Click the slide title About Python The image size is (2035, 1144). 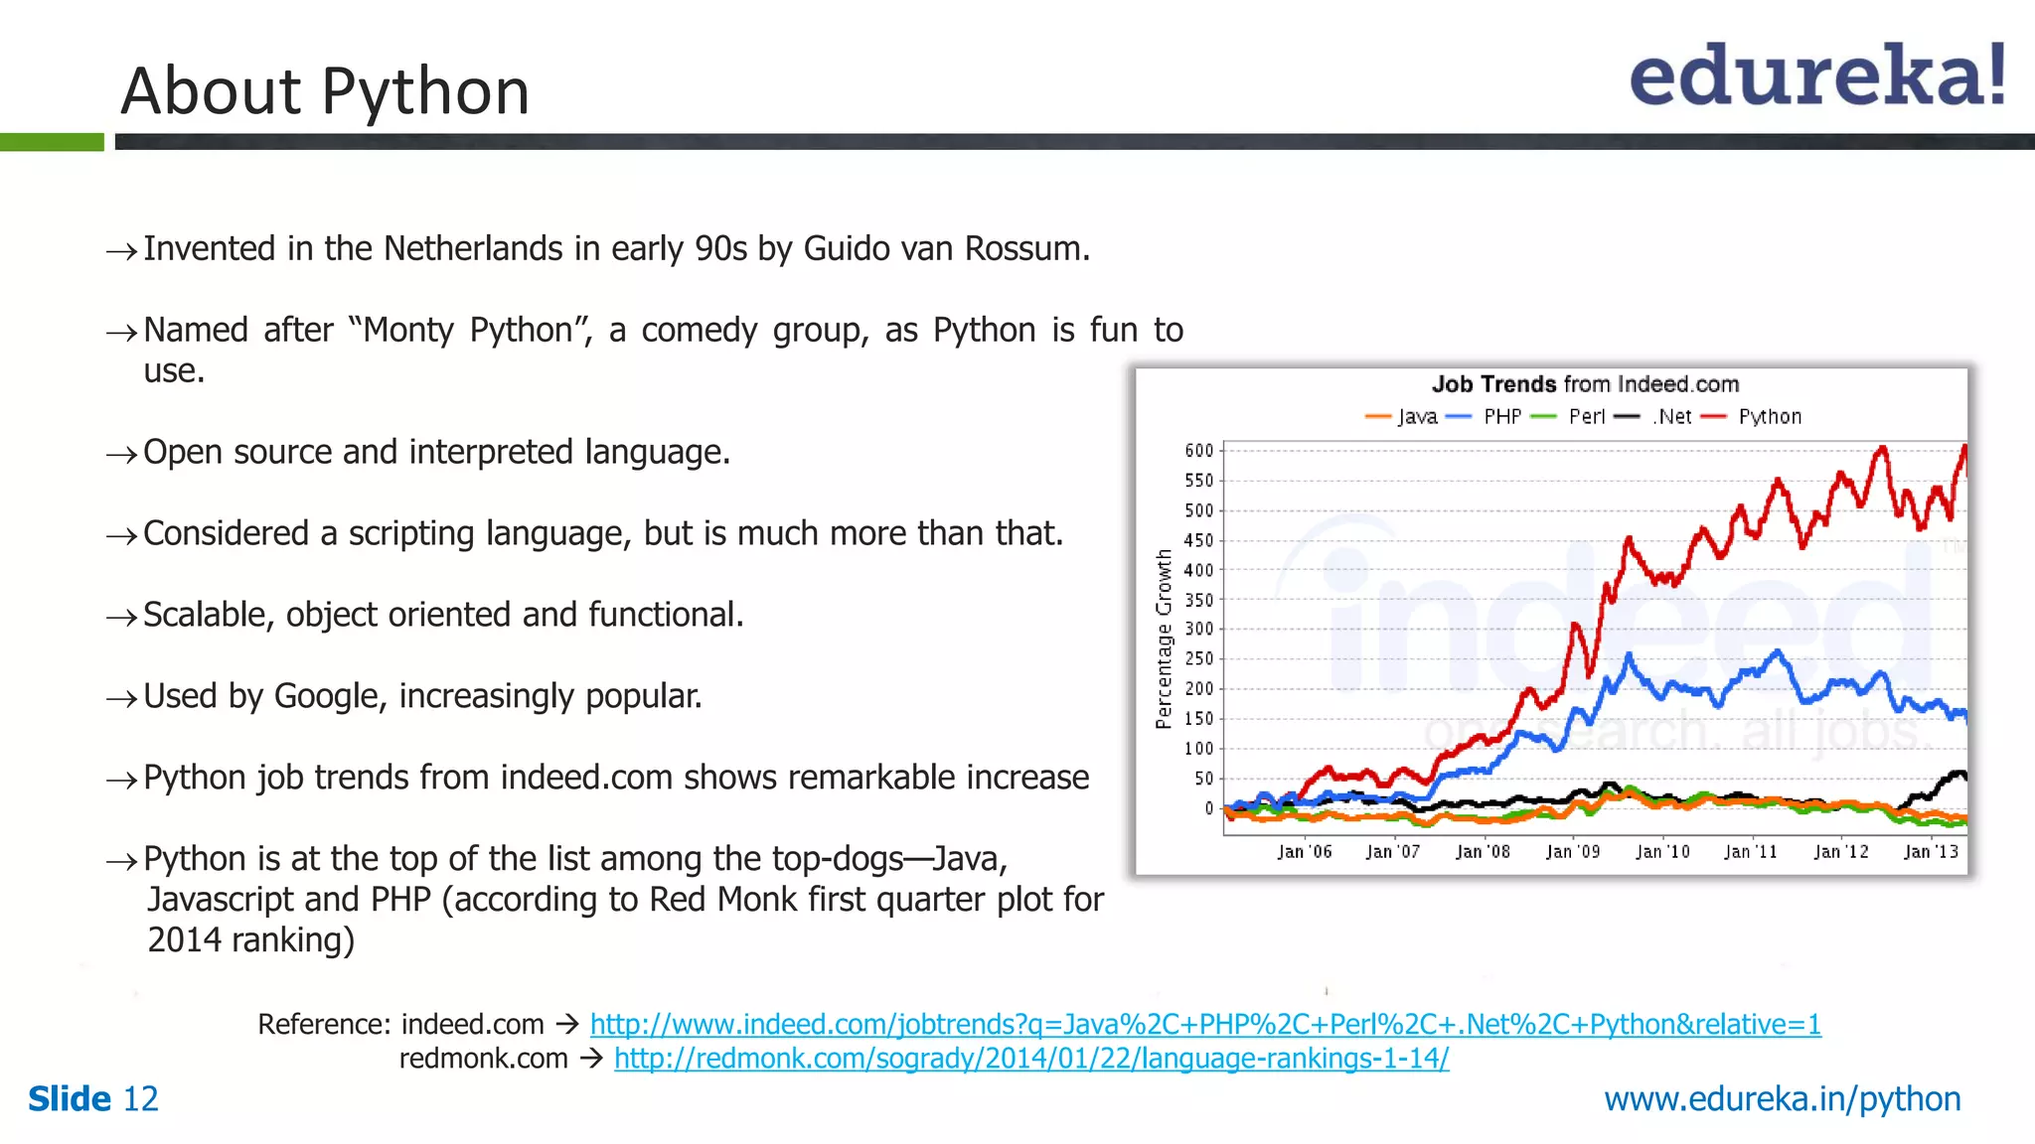coord(325,91)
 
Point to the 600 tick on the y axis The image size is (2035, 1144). coord(1198,451)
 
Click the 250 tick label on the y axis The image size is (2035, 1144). coord(1198,658)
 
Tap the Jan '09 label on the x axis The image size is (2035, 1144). coord(1572,852)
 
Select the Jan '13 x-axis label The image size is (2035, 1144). coord(1930,852)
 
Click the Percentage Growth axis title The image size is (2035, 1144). coord(1164,640)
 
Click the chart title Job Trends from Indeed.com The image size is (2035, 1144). coord(1585,384)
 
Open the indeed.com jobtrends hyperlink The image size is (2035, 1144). coord(1205,1024)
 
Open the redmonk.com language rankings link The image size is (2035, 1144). coord(1031,1059)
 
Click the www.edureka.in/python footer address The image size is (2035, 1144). coord(1783,1099)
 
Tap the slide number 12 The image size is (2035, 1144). coord(140,1099)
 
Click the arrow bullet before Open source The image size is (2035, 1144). coord(121,455)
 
